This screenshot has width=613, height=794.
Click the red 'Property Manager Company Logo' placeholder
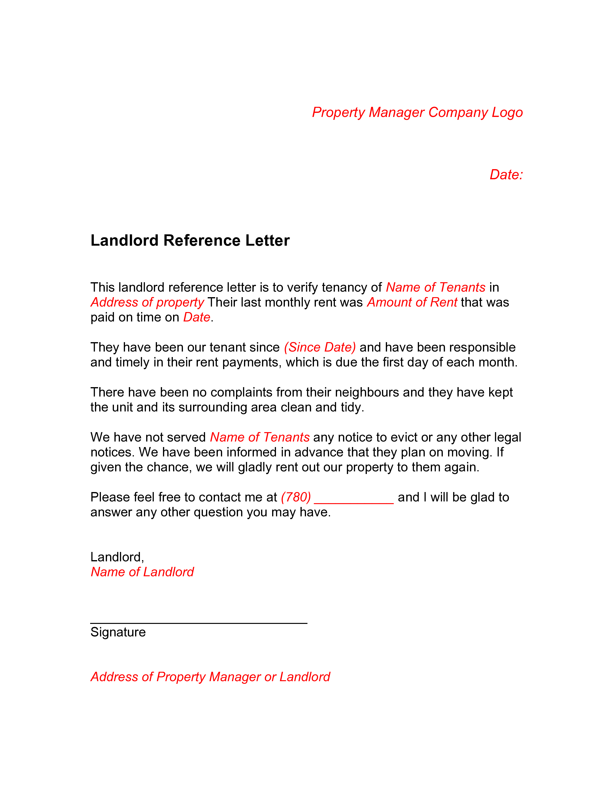(417, 113)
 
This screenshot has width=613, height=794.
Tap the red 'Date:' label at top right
(506, 174)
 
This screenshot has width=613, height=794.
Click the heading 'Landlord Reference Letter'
(190, 240)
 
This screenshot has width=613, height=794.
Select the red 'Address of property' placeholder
(147, 302)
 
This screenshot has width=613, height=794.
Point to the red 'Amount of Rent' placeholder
(412, 302)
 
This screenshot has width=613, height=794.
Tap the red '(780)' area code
(296, 497)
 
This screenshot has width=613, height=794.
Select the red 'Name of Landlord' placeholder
(142, 572)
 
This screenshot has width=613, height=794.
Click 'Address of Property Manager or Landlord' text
(211, 677)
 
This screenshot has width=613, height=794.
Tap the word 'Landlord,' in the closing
(117, 557)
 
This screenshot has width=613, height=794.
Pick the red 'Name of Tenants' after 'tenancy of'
(436, 287)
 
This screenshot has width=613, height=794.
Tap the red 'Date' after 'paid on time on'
(197, 317)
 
